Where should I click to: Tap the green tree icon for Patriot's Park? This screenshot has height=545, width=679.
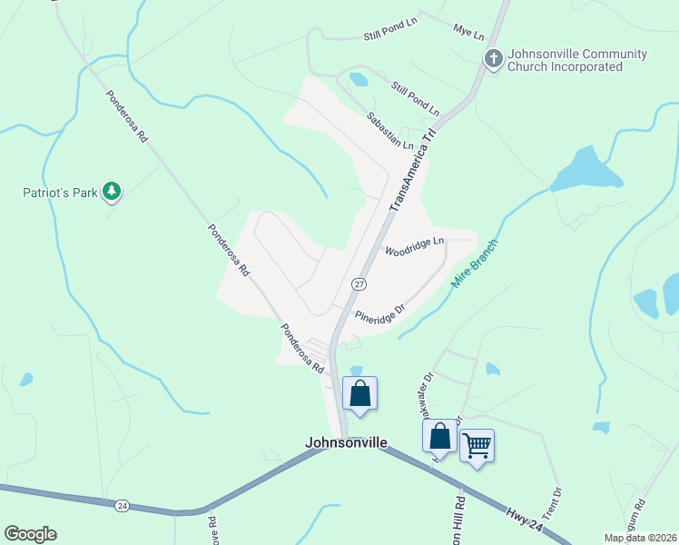[112, 191]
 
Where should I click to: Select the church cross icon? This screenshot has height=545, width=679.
[493, 60]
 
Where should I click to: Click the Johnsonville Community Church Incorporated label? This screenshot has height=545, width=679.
[577, 60]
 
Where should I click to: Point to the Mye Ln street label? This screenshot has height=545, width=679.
[468, 31]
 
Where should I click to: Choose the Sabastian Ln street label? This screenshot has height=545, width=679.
[389, 132]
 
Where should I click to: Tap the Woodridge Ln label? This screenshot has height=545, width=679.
[414, 245]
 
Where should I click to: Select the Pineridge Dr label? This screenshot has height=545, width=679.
[379, 313]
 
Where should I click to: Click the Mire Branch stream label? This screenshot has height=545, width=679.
[475, 263]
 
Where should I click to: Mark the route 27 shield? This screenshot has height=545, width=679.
[359, 284]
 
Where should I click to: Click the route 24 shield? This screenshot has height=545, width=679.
[123, 505]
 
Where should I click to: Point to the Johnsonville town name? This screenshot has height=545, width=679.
[346, 443]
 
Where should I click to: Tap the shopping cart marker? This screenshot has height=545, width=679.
[477, 446]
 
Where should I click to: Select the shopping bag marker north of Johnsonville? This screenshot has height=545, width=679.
[360, 394]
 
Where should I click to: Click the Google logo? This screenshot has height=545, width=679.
[30, 534]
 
